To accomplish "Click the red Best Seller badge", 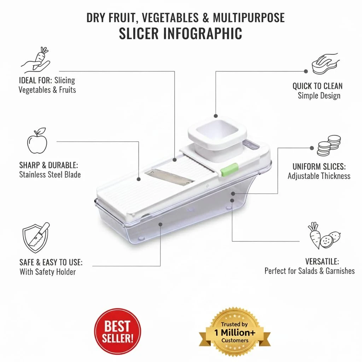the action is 117,331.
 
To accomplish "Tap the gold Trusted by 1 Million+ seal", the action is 235,332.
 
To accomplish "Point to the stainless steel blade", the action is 169,177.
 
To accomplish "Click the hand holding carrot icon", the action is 36,59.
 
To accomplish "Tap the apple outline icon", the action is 37,140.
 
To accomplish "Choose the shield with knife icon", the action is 36,238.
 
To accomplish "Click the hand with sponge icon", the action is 326,64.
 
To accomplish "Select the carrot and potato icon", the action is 324,235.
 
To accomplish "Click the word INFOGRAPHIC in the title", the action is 203,34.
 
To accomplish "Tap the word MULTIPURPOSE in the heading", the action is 249,18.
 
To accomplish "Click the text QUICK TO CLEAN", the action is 317,86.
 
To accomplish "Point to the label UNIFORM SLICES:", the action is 319,167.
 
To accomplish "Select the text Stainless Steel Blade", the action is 50,175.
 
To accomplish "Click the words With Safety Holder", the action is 48,272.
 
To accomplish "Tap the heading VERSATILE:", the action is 322,262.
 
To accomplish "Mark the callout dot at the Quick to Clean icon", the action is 306,71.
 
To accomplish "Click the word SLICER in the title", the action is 139,34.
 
